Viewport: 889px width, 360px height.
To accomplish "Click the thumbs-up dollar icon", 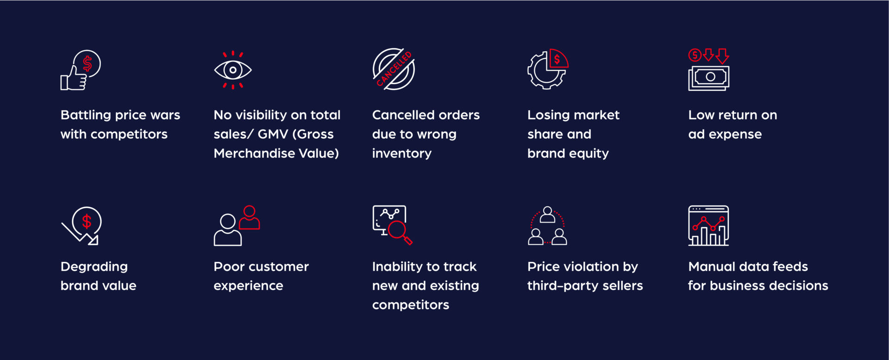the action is coord(81,70).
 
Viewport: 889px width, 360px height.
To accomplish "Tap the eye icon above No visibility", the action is coord(233,70).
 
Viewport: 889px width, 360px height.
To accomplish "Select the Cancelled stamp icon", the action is coord(394,69).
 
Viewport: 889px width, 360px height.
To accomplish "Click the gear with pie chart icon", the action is coord(548,69).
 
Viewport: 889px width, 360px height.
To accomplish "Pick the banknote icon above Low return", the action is coord(709,78).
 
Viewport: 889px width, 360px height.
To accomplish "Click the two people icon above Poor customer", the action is coord(237,225).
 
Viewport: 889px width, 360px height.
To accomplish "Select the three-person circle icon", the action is coord(548,225).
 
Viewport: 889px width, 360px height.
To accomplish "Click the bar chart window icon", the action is coord(708,225).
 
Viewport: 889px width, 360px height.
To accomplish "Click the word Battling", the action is coord(86,115).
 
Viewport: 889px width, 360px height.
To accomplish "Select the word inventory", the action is coord(401,154).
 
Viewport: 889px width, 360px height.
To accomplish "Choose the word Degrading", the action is coord(94,267).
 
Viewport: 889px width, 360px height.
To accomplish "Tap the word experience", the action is coord(248,286).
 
